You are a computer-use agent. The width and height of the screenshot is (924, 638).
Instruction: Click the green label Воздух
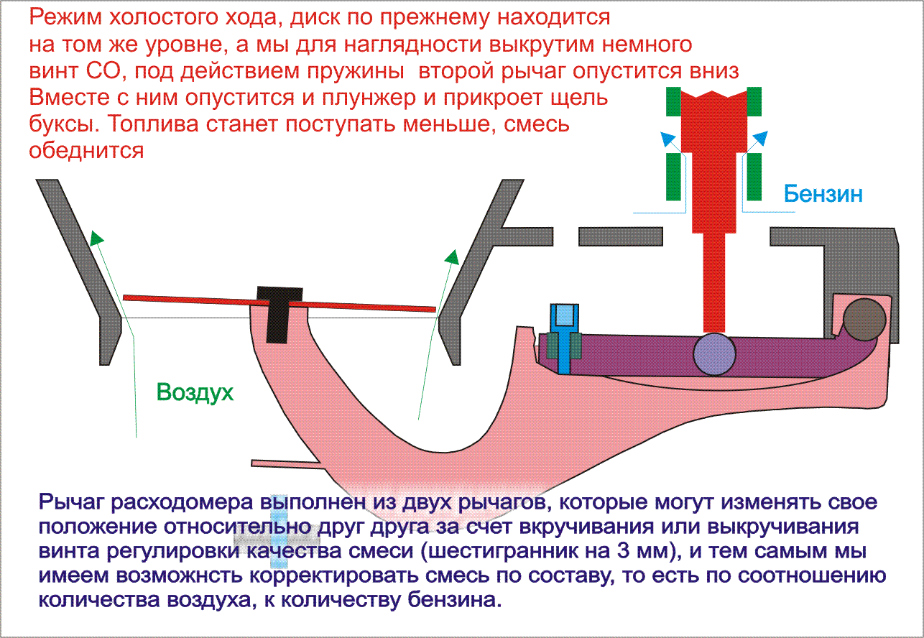[195, 392]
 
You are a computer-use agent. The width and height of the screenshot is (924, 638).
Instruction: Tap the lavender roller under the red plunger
[714, 353]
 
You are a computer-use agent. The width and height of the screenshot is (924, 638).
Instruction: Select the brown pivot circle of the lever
[864, 320]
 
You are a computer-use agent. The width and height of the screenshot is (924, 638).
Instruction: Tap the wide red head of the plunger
[714, 119]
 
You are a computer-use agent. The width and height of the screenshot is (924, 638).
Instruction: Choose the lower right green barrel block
[754, 177]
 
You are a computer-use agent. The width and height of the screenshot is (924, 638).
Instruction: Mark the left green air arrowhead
[96, 239]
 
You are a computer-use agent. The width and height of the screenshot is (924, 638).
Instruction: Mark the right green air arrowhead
[451, 256]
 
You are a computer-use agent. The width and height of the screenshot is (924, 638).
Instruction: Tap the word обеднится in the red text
[87, 150]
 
